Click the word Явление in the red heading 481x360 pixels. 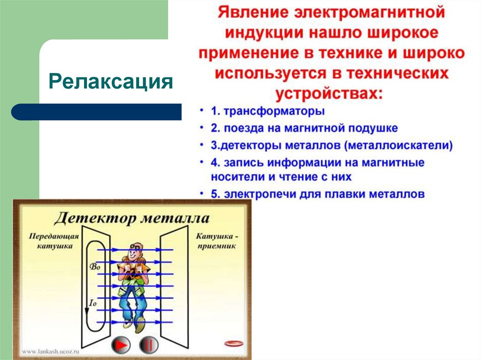(x=248, y=13)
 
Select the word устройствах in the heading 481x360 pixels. (x=329, y=92)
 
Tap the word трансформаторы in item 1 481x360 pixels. (x=274, y=112)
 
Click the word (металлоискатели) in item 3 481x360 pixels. (x=400, y=146)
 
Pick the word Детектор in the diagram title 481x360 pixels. (x=92, y=218)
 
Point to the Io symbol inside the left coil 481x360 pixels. (x=93, y=303)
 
